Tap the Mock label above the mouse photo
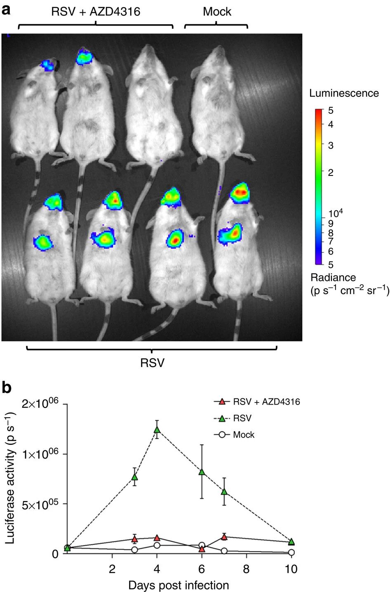(217, 12)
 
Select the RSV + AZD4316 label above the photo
(96, 12)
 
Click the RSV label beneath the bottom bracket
(152, 363)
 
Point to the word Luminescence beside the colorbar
(344, 93)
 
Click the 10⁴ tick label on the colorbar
(336, 214)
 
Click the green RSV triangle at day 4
(157, 429)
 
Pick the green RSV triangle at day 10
(291, 542)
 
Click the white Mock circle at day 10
(291, 552)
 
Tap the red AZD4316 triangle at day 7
(224, 537)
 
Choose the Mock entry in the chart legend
(243, 435)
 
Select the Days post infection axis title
(179, 585)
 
